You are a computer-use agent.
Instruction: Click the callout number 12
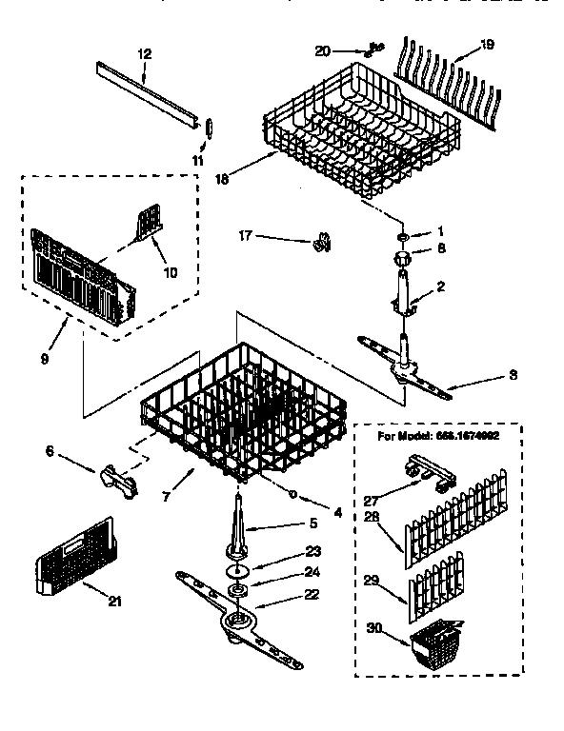click(145, 53)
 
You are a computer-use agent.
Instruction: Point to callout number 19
click(487, 43)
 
